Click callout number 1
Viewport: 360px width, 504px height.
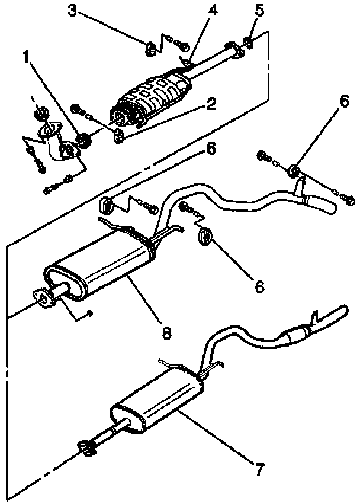26,57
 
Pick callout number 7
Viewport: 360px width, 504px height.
258,470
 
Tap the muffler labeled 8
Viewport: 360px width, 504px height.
101,266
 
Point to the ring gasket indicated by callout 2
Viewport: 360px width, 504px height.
119,136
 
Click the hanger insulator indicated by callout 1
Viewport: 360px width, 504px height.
84,140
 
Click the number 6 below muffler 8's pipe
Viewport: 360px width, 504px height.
259,286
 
